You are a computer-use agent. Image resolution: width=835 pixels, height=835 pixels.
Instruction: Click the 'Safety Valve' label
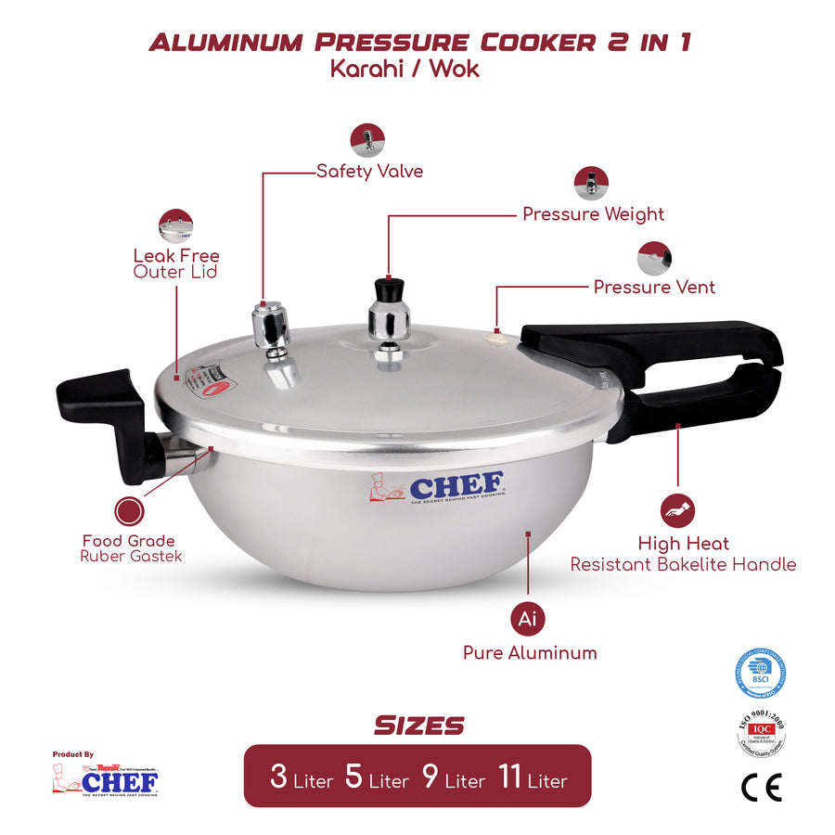[x=369, y=172]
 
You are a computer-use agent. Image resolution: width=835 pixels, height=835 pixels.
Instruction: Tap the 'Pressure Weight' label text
[x=593, y=214]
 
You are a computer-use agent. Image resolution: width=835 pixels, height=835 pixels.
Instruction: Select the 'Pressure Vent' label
[x=654, y=287]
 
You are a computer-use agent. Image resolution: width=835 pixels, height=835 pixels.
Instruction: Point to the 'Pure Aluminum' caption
[x=530, y=653]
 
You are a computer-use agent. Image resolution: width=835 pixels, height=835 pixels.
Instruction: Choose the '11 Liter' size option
[x=532, y=777]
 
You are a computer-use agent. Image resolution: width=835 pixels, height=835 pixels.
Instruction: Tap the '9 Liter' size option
[x=453, y=777]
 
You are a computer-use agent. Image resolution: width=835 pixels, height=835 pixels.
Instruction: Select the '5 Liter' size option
[x=376, y=777]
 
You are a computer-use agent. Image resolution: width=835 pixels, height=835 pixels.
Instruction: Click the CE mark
[x=762, y=787]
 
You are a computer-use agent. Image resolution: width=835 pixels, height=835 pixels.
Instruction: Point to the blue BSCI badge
[x=761, y=674]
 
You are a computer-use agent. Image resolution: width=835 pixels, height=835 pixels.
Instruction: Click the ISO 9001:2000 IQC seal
[x=761, y=733]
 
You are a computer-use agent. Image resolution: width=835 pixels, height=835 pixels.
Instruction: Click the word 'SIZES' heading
[x=418, y=726]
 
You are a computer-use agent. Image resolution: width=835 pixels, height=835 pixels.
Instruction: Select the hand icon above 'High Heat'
[x=677, y=510]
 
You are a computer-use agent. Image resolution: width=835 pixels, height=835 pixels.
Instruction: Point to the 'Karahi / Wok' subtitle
[x=405, y=69]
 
